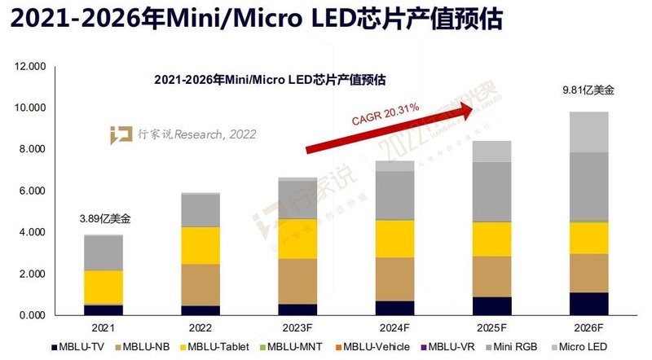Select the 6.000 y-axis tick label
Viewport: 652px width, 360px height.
pyautogui.click(x=32, y=191)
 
